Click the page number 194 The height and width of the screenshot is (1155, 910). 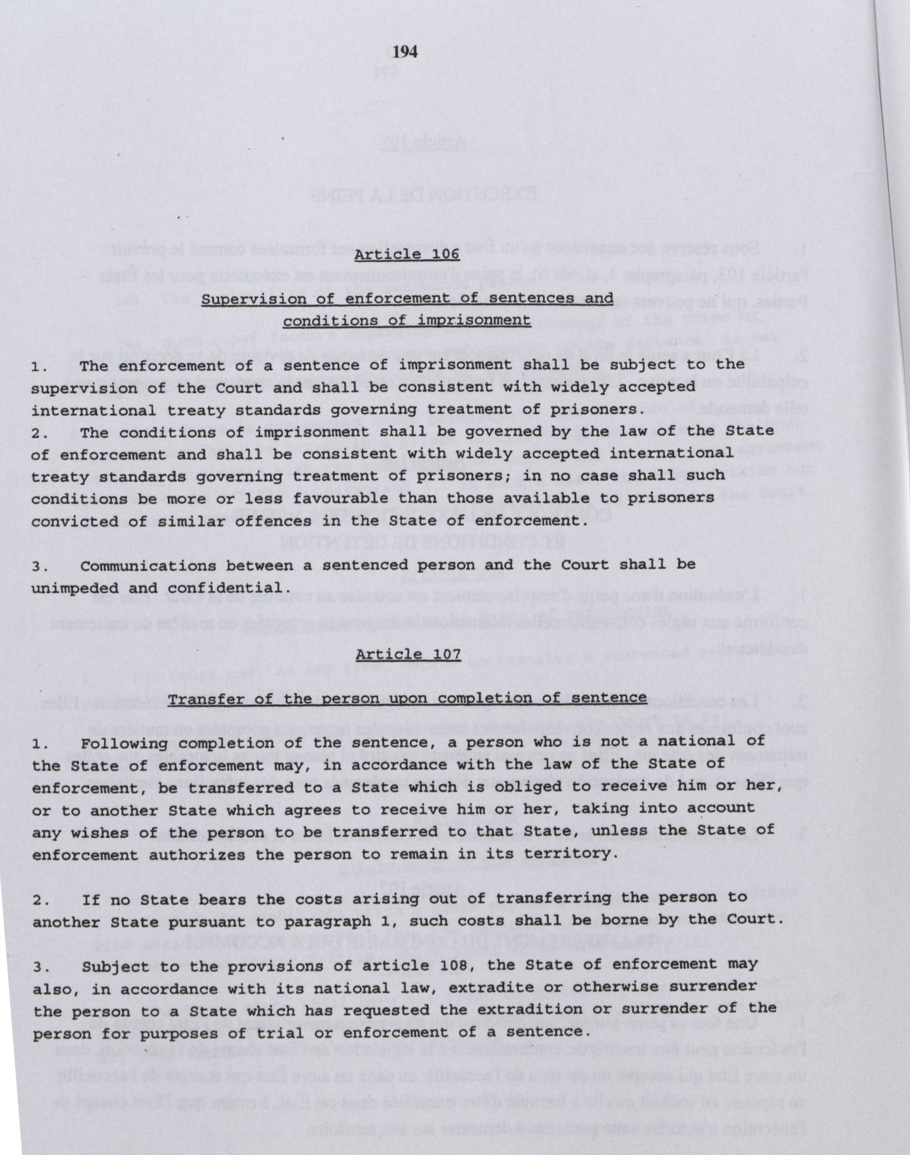[405, 52]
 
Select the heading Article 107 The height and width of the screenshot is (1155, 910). [408, 654]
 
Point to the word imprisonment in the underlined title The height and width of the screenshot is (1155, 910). [473, 321]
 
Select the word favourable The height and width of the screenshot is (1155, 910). [314, 498]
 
